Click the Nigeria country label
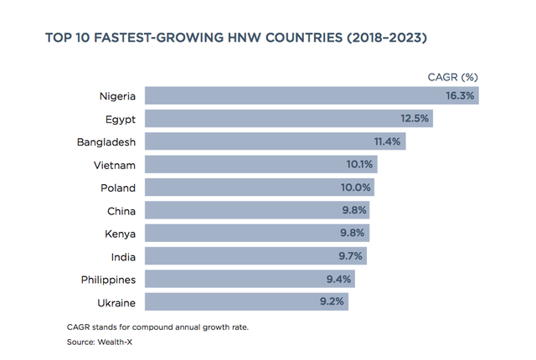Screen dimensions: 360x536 (x=117, y=96)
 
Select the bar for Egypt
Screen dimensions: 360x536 (x=276, y=119)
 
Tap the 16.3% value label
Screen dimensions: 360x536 (x=460, y=96)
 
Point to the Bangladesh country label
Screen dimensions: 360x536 (x=106, y=141)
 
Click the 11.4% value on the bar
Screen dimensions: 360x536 (x=389, y=141)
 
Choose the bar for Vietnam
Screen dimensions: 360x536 (x=251, y=165)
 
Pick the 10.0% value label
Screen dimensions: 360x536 (x=358, y=188)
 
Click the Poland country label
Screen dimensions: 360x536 (x=118, y=188)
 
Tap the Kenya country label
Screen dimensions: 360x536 (x=120, y=234)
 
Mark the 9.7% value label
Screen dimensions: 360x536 (x=350, y=256)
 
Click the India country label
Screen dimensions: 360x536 (x=122, y=256)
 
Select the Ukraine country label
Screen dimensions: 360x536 (x=116, y=301)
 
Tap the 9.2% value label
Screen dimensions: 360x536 (x=332, y=301)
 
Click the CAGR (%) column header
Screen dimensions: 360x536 (x=452, y=77)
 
